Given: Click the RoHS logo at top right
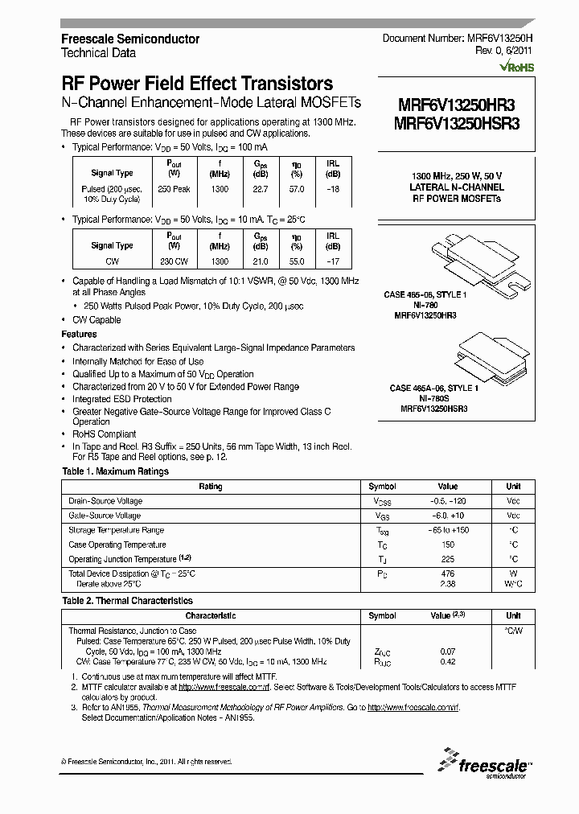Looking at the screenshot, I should [515, 68].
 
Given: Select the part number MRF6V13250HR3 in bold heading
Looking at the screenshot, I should [456, 104].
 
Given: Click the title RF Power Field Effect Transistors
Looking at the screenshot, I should [197, 83].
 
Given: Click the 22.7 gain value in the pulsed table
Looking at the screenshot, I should [261, 189].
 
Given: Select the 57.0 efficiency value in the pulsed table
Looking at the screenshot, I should [297, 189].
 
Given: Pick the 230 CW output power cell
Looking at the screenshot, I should [174, 261].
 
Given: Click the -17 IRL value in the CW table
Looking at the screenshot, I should [332, 261].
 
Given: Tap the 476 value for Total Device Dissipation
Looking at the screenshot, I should [447, 573].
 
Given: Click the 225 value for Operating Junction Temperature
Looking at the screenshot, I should [447, 559].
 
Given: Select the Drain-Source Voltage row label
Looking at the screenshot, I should [105, 501].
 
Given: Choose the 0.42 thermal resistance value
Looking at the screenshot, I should [448, 662].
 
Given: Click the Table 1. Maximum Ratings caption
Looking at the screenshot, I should [115, 471].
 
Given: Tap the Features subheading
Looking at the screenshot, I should [79, 334].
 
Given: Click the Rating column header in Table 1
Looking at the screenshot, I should [210, 487].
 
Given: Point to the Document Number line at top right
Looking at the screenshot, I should [456, 38].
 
